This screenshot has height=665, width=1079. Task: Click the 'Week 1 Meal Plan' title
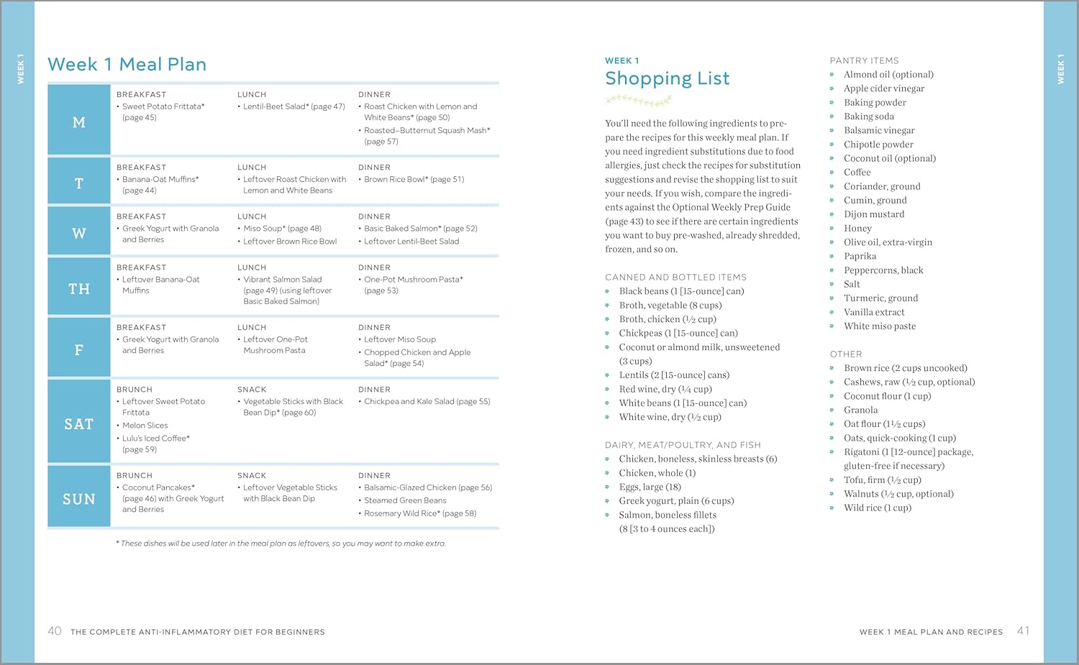tap(127, 65)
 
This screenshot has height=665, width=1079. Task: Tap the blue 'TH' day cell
tap(79, 289)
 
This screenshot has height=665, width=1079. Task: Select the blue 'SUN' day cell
tap(79, 499)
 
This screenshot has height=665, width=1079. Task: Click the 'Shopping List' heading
tap(667, 78)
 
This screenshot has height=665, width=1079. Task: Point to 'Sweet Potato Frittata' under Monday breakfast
tap(163, 106)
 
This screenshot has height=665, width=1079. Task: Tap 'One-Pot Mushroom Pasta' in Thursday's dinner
tap(413, 280)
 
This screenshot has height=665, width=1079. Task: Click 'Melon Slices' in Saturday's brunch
tap(145, 426)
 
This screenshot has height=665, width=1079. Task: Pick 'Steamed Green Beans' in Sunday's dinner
tap(405, 500)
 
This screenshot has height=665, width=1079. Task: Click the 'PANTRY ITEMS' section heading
tap(864, 60)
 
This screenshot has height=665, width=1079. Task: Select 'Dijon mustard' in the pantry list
tap(874, 214)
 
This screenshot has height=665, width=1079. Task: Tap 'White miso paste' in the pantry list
tap(880, 326)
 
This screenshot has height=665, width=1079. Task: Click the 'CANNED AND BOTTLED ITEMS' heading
tap(675, 277)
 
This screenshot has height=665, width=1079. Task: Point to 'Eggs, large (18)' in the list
tap(650, 487)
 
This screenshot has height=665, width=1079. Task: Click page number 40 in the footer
tap(55, 631)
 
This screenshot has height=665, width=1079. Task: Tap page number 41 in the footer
tap(1023, 630)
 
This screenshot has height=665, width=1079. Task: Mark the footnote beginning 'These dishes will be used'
tap(281, 544)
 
